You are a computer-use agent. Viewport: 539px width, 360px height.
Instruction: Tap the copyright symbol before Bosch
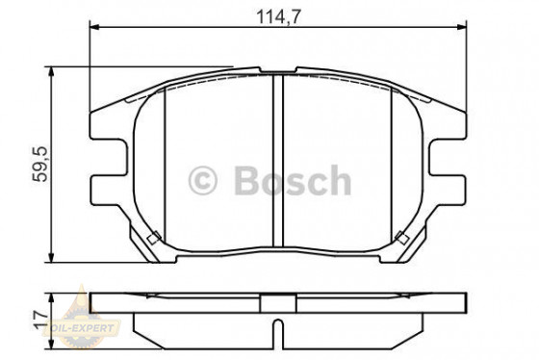(203, 180)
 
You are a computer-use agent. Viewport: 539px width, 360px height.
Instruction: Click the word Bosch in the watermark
(288, 180)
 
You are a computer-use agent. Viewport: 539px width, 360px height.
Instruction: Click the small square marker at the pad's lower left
(150, 238)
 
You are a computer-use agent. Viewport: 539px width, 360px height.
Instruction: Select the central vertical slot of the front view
(276, 164)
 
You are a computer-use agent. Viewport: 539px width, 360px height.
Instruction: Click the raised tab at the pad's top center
(275, 71)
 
